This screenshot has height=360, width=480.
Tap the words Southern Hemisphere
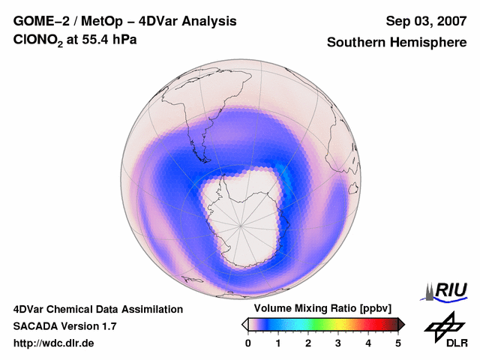coord(397,43)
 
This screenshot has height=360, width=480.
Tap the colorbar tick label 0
coord(248,343)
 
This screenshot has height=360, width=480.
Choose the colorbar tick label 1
coord(278,343)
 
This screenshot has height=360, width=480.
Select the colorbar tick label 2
coord(308,343)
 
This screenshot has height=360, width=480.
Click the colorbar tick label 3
coord(338,343)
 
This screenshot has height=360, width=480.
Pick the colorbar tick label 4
coord(368,343)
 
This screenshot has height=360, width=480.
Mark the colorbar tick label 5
coord(398,343)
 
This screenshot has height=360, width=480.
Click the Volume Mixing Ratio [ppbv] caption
coord(322,309)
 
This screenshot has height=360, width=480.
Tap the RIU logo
coord(447,290)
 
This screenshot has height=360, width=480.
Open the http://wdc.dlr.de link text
coord(54,343)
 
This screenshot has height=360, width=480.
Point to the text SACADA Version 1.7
coord(64,326)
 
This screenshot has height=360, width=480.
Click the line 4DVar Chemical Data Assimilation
coord(98,309)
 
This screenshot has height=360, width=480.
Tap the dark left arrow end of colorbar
coord(245,324)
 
